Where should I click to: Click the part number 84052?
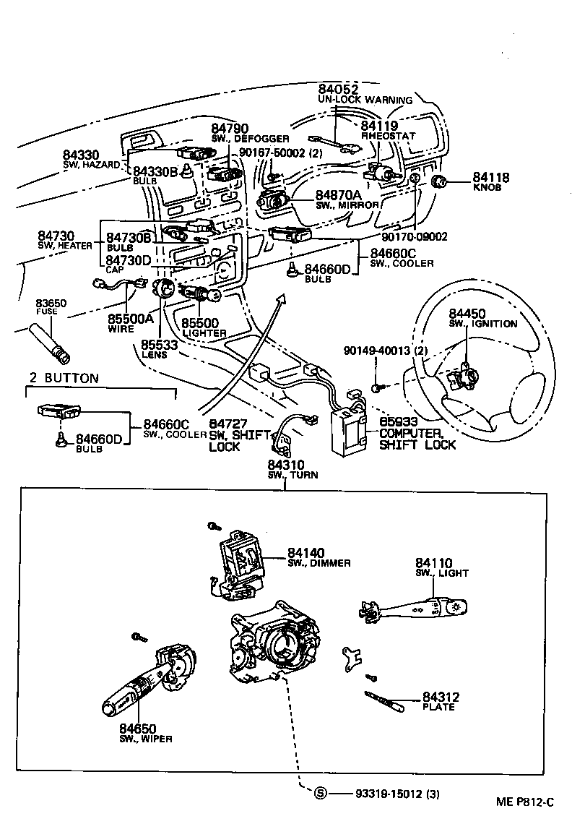(338, 90)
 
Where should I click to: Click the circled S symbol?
(321, 794)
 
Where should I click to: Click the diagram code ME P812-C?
(524, 802)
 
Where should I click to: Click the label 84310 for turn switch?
(286, 465)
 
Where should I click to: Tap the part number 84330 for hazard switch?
(80, 155)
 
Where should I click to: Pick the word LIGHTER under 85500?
(204, 333)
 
